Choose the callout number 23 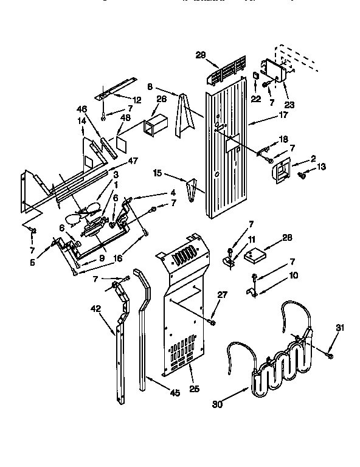click(x=289, y=104)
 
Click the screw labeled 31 click(x=328, y=353)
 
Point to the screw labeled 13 click(x=302, y=176)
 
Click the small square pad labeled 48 click(x=122, y=144)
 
